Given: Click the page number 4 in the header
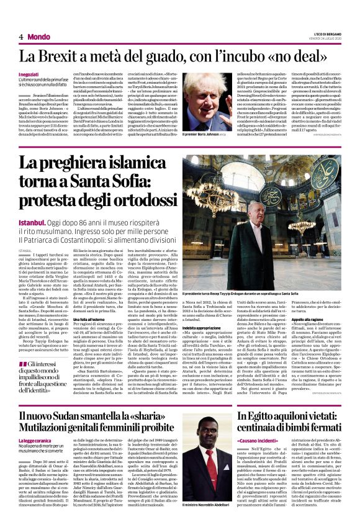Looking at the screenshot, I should [x=20, y=37].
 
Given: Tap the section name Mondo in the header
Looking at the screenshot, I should [x=38, y=37].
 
